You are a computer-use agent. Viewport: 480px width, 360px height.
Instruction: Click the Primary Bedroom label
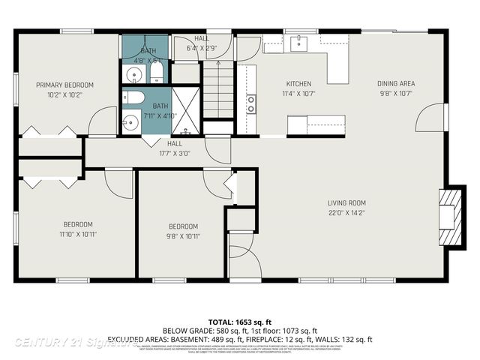tap(64, 85)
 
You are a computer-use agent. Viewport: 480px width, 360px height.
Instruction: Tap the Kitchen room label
tap(298, 84)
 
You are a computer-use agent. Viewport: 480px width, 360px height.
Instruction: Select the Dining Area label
tap(396, 83)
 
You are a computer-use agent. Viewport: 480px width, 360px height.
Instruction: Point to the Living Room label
tap(346, 202)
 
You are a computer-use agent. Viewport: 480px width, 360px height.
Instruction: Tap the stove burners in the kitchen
tap(250, 104)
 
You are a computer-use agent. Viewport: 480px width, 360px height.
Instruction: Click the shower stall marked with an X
tap(185, 110)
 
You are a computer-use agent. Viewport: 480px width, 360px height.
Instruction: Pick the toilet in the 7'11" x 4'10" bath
tap(134, 97)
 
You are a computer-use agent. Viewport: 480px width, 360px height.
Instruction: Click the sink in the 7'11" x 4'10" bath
tap(131, 120)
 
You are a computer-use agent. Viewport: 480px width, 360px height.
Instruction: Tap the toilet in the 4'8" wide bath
tap(157, 73)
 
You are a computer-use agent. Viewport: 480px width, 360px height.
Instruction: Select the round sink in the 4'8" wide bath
tap(133, 73)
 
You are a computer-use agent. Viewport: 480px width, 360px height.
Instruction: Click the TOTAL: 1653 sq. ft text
tap(239, 320)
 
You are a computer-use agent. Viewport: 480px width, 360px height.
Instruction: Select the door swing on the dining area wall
tap(432, 116)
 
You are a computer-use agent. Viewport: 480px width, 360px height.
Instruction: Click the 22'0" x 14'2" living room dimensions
tap(346, 213)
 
